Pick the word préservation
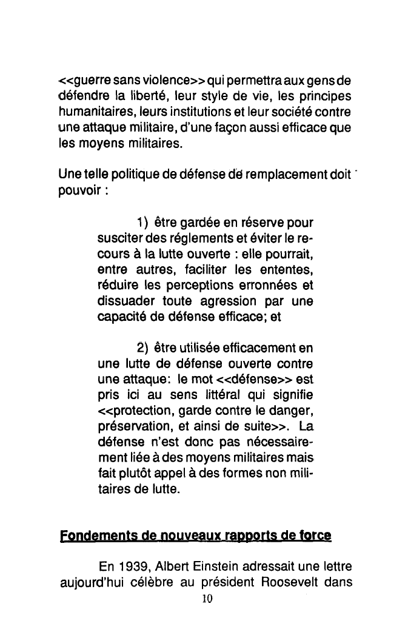(x=132, y=427)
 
